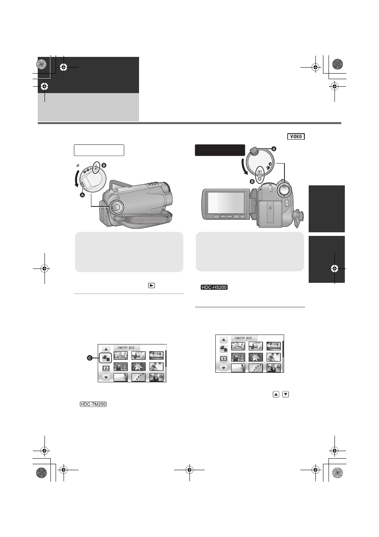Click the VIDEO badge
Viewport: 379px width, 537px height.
click(x=296, y=136)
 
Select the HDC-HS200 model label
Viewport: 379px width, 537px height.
click(x=214, y=287)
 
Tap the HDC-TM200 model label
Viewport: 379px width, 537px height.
click(x=93, y=404)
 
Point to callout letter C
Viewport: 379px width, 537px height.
click(x=89, y=358)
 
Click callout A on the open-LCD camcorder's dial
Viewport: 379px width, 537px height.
click(x=274, y=149)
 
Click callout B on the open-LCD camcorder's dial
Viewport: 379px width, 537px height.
click(x=252, y=182)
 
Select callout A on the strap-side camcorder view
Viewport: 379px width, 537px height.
click(x=82, y=195)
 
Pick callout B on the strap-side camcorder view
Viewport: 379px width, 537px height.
click(x=104, y=165)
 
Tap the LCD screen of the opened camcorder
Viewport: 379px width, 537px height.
click(x=226, y=202)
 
